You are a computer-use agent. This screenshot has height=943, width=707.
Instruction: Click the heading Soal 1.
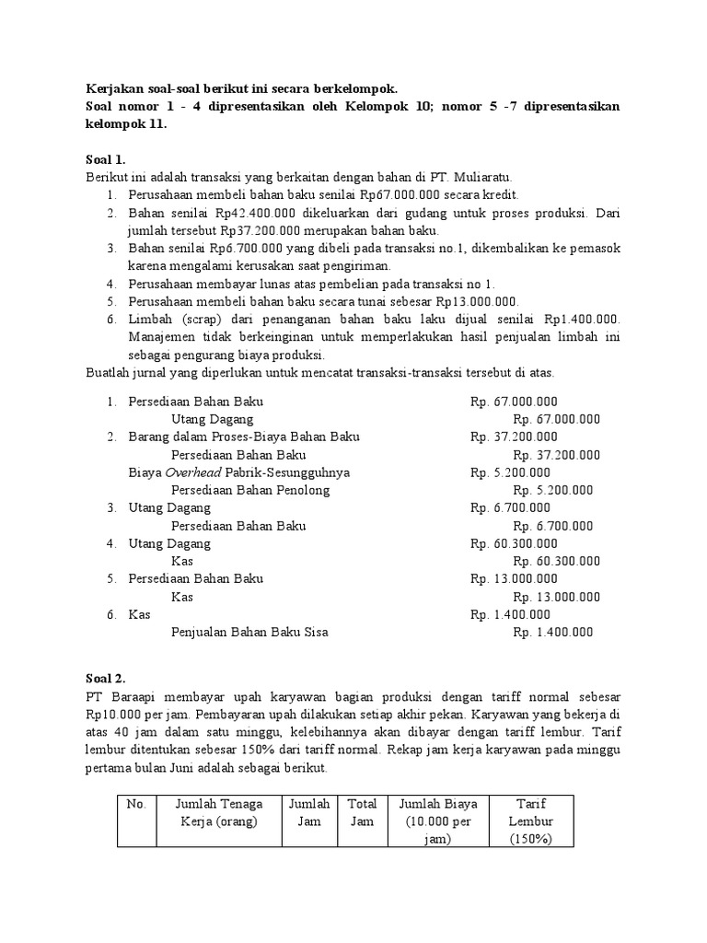tap(106, 158)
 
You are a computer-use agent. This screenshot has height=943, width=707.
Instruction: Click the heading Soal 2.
tap(106, 679)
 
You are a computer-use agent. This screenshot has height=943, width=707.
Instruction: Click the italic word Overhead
tap(191, 472)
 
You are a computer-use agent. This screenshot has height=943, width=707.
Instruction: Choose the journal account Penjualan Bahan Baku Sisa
tap(249, 633)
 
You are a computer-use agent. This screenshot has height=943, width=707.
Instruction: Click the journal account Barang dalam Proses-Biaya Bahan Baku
tap(244, 437)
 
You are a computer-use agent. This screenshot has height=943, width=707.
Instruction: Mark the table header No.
tap(137, 804)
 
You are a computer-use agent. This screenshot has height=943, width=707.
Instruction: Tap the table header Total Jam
tap(362, 812)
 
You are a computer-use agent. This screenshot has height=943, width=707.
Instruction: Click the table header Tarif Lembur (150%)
tap(531, 821)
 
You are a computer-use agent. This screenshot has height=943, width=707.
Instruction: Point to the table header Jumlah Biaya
tap(439, 804)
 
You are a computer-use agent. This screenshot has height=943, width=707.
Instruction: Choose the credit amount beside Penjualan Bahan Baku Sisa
tap(553, 633)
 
